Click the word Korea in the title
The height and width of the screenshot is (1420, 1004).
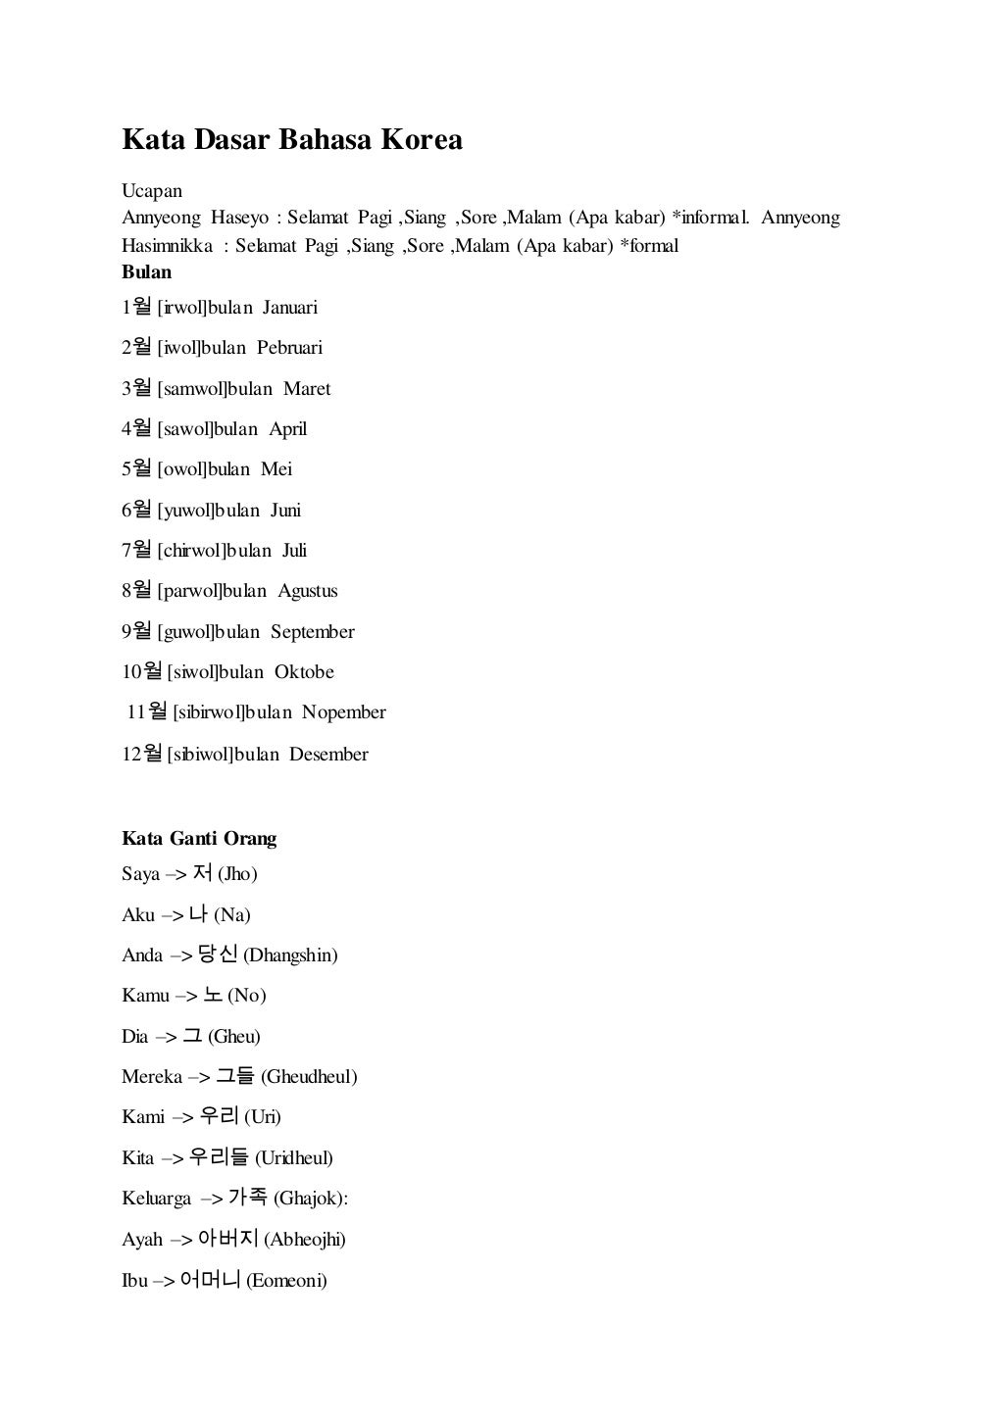(421, 140)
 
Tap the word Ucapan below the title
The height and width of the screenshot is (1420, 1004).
(152, 190)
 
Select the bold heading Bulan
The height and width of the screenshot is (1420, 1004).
(146, 271)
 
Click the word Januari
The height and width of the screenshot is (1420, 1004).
(289, 308)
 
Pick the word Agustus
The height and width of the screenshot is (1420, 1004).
(307, 591)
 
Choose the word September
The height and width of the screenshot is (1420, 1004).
(312, 632)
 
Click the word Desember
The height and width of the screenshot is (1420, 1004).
(328, 755)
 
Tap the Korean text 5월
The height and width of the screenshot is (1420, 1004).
(136, 468)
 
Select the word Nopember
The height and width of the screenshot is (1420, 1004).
(343, 712)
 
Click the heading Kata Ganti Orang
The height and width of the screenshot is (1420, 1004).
(199, 839)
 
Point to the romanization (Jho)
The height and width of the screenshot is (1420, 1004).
(237, 874)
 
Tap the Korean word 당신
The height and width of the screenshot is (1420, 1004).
(218, 955)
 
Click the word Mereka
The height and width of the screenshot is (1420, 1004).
(152, 1077)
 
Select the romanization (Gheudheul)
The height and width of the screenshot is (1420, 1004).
(309, 1077)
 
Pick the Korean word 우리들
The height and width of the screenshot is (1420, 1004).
(219, 1157)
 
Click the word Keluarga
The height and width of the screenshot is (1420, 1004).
(156, 1199)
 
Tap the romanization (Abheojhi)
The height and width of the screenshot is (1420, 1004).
(305, 1240)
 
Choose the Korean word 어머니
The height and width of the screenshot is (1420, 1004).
(211, 1280)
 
